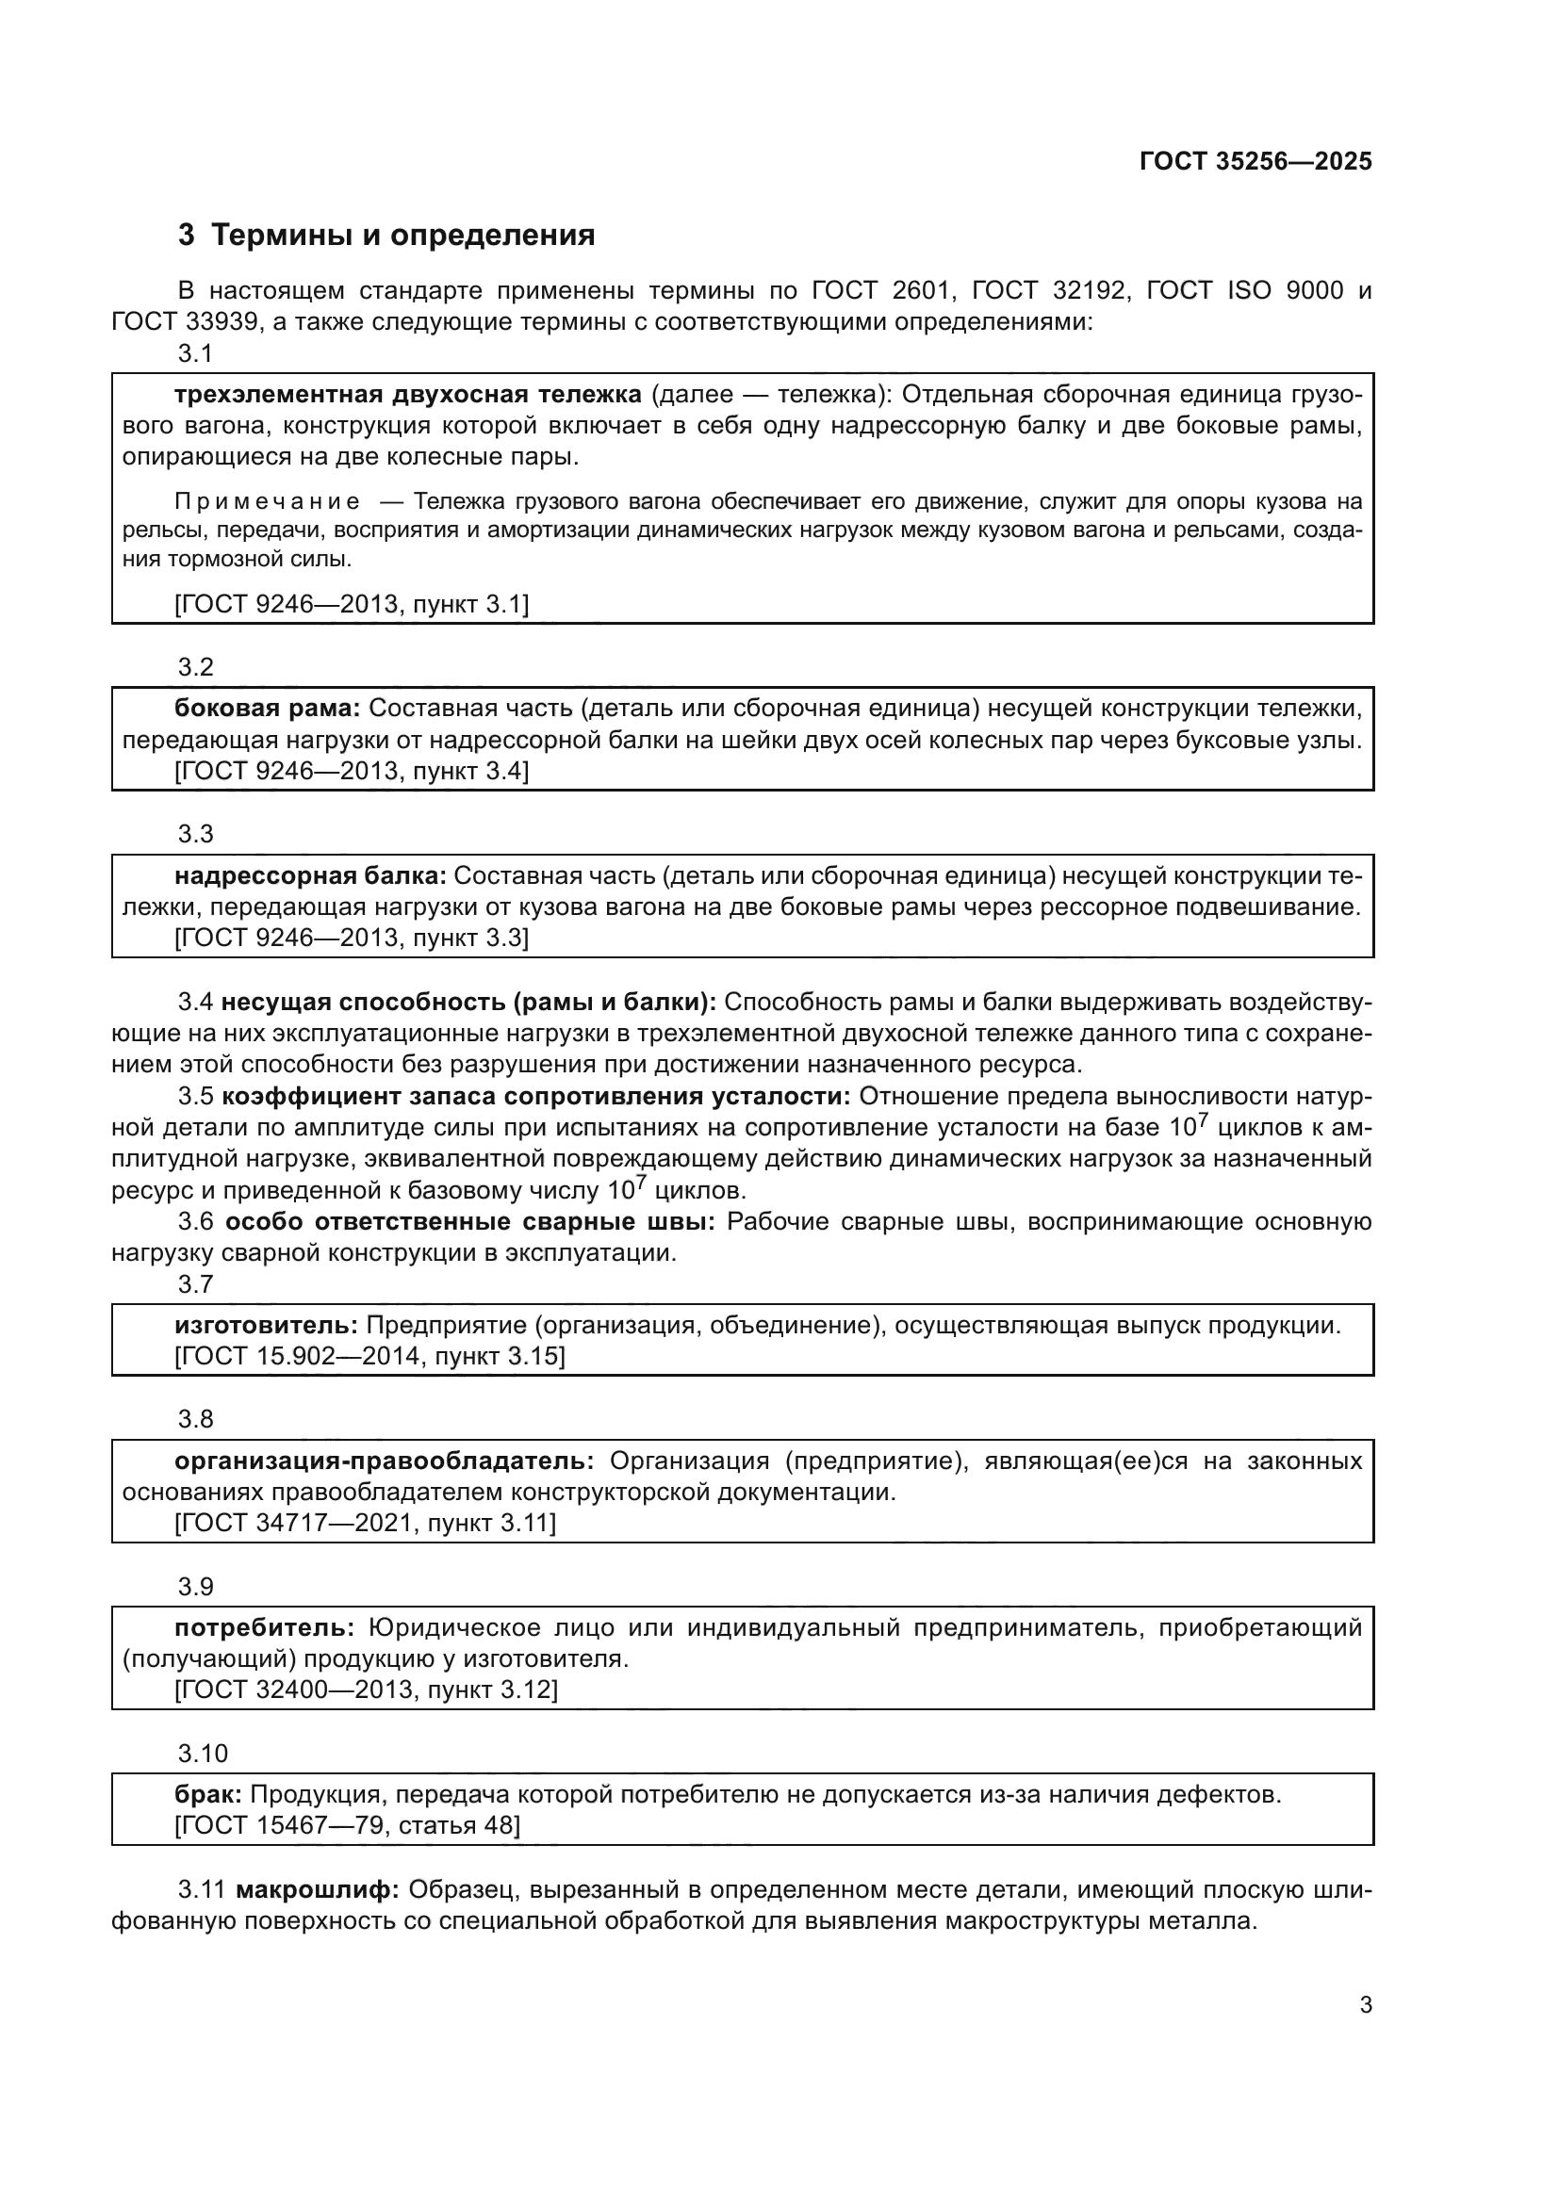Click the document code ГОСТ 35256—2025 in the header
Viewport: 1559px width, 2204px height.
pyautogui.click(x=1255, y=161)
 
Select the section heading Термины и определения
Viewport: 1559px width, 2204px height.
pyautogui.click(x=402, y=236)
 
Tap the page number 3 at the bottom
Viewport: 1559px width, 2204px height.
pyautogui.click(x=1365, y=2004)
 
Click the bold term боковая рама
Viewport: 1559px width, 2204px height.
pyautogui.click(x=267, y=709)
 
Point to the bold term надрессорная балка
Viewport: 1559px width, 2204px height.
pyautogui.click(x=310, y=875)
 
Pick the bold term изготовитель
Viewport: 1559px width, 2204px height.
pyautogui.click(x=266, y=1326)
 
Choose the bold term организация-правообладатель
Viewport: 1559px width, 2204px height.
pyautogui.click(x=384, y=1461)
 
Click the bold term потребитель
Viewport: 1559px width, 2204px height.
pyautogui.click(x=264, y=1627)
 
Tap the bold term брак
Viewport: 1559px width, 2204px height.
pyautogui.click(x=208, y=1794)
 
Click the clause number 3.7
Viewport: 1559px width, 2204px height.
pyautogui.click(x=195, y=1284)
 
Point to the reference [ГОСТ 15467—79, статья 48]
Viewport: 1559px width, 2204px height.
pyautogui.click(x=348, y=1825)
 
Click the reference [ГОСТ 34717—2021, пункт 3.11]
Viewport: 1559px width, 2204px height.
pyautogui.click(x=365, y=1523)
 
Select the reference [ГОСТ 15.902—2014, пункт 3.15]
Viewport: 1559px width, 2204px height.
pyautogui.click(x=369, y=1356)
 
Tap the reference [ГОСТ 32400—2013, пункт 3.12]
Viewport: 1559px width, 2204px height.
pyautogui.click(x=366, y=1690)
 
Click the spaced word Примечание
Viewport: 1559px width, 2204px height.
pyautogui.click(x=268, y=502)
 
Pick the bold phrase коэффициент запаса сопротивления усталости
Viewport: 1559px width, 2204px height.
pyautogui.click(x=535, y=1096)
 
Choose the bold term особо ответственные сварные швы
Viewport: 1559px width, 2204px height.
pyautogui.click(x=469, y=1222)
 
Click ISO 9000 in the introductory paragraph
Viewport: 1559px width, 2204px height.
pyautogui.click(x=1286, y=290)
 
